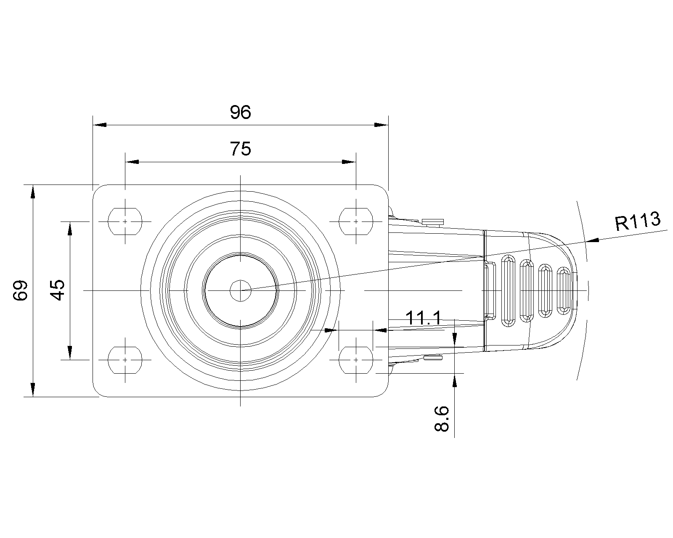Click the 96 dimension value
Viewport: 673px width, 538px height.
[x=240, y=112]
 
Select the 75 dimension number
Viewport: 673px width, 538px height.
[x=240, y=149]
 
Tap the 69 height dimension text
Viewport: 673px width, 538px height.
[x=20, y=291]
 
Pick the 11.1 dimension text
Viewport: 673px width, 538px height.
[x=423, y=318]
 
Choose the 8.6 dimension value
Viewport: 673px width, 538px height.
[x=442, y=419]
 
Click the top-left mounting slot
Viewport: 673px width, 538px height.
[x=125, y=222]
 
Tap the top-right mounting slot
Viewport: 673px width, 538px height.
[x=356, y=222]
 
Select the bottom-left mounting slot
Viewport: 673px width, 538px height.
[x=125, y=360]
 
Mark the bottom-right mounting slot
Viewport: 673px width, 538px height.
[x=356, y=360]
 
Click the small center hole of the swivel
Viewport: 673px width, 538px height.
[x=241, y=291]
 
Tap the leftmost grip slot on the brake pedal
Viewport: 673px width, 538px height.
[x=508, y=291]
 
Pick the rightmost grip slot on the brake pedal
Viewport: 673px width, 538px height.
[x=564, y=291]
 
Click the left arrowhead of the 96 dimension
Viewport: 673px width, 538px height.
[x=100, y=125]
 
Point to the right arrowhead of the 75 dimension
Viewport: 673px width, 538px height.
[x=349, y=162]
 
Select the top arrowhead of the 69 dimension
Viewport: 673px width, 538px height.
[x=33, y=192]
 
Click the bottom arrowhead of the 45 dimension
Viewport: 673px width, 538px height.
[x=70, y=353]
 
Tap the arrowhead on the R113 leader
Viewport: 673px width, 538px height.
[x=593, y=240]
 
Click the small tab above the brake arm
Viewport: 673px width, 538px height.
[x=433, y=222]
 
